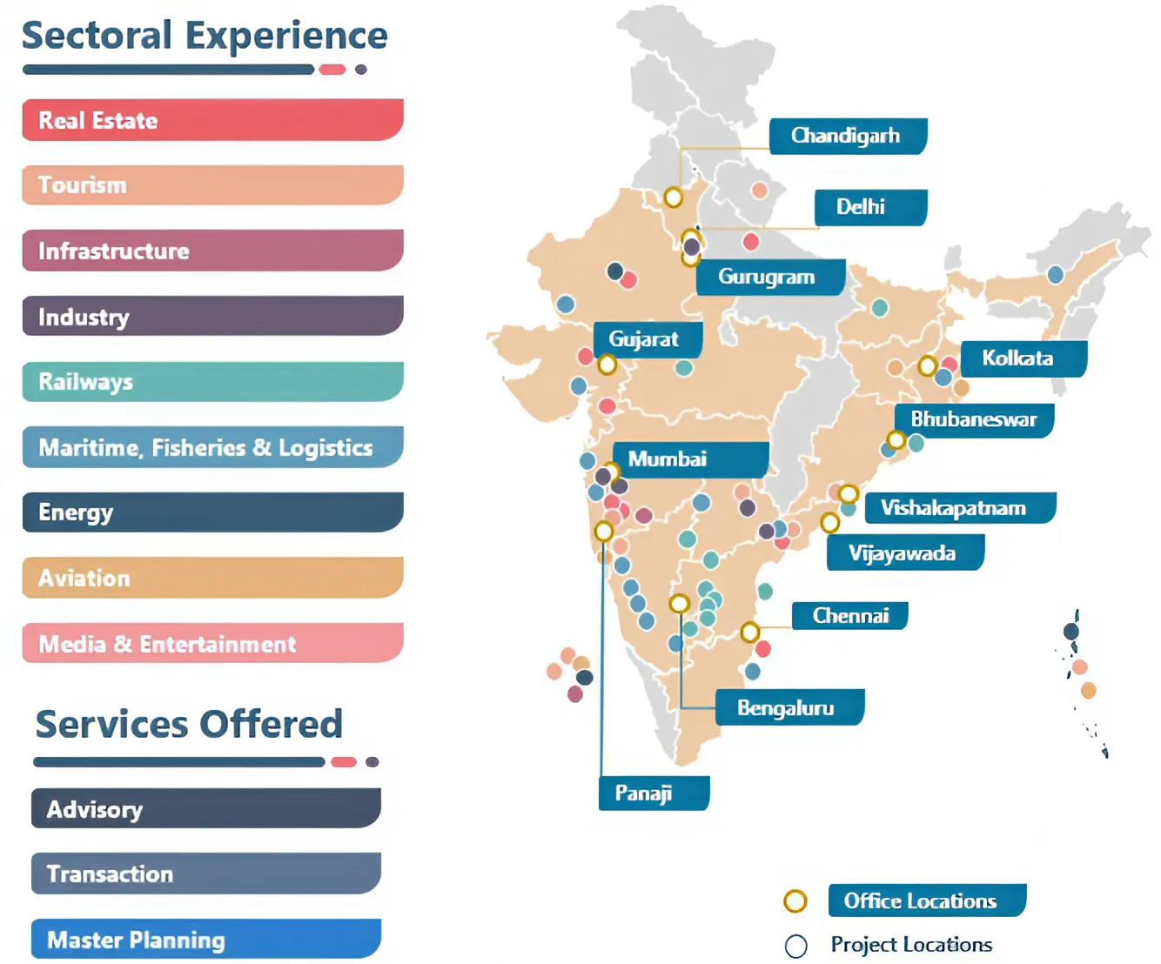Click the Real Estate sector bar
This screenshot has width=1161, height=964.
(212, 120)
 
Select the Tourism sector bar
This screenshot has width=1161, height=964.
(212, 185)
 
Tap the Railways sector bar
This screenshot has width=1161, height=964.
(212, 382)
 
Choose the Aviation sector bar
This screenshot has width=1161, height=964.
(212, 578)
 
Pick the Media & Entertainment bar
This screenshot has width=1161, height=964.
(212, 644)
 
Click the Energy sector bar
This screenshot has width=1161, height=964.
(212, 512)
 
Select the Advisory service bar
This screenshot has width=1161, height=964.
(206, 809)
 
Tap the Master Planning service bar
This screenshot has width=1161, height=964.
(206, 940)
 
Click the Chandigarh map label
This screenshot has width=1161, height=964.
(847, 137)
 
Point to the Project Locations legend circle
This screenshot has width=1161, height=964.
(795, 946)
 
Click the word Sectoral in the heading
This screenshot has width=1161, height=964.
(97, 37)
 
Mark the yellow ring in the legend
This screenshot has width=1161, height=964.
(795, 901)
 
